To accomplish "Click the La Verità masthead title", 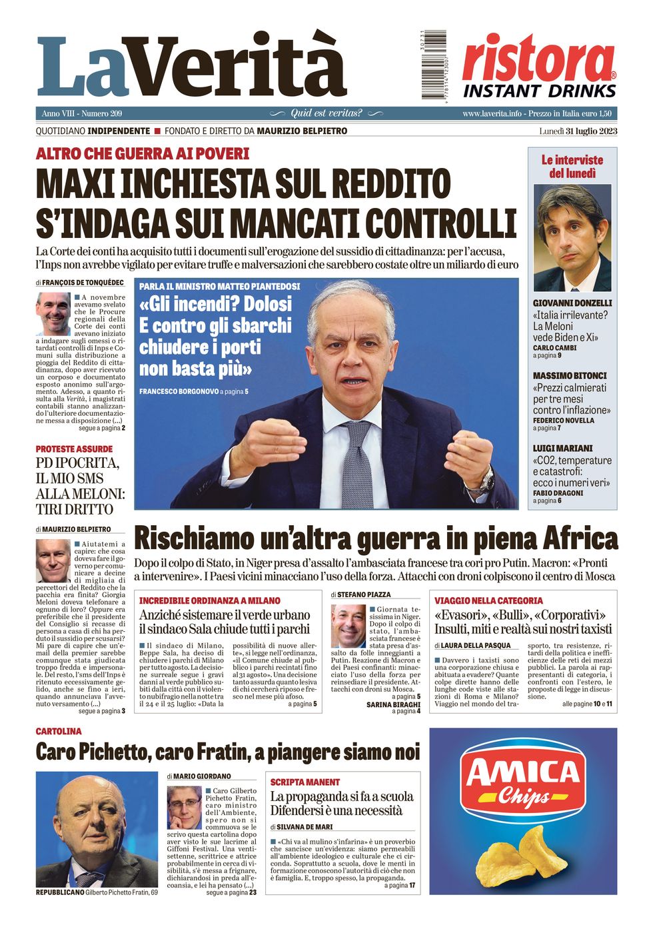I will point(192,67).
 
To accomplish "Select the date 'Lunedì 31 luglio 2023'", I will point(578,131).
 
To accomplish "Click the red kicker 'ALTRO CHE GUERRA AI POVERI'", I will point(143,154).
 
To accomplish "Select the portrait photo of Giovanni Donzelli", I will point(572,238).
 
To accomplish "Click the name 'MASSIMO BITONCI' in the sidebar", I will point(570,376).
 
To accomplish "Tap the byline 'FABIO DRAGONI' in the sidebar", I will point(558,493).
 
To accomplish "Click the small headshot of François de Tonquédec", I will point(53,313).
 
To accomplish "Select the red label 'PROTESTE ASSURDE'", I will point(74,449).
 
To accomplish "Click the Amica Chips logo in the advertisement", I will point(523,779).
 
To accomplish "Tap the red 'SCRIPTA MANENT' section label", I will point(305,782).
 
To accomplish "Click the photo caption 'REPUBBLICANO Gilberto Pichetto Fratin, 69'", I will point(97,892).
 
